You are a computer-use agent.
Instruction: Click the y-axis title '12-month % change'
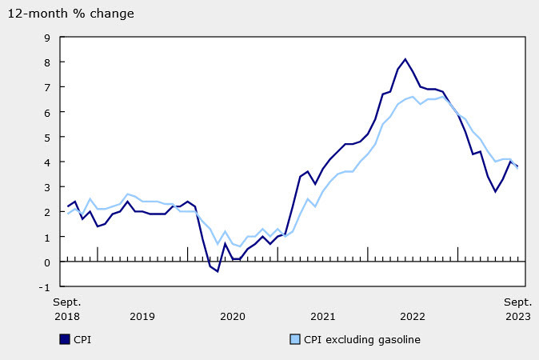[x=72, y=14]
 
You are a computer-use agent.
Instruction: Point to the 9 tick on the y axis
[x=46, y=37]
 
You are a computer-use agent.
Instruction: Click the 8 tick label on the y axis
[x=46, y=62]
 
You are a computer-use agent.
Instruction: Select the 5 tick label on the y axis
[x=46, y=137]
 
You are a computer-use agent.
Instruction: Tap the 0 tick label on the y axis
[x=46, y=262]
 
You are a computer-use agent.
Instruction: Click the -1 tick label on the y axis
[x=44, y=287]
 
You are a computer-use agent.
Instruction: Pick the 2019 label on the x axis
[x=142, y=316]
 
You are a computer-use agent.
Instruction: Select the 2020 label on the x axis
[x=232, y=316]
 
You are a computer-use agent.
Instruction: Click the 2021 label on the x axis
[x=322, y=316]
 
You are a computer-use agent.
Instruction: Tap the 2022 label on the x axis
[x=413, y=316]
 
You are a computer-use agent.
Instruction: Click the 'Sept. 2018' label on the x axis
[x=67, y=309]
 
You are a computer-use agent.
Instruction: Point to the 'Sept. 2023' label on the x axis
[x=517, y=309]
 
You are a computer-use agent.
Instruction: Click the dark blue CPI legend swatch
[x=65, y=339]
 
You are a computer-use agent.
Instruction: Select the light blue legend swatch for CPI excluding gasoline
[x=294, y=339]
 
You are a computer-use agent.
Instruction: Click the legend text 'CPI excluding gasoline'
[x=361, y=339]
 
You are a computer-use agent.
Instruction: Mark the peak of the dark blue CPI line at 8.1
[x=405, y=59]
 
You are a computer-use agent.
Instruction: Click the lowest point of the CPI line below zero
[x=217, y=271]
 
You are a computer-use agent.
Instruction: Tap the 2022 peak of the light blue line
[x=443, y=97]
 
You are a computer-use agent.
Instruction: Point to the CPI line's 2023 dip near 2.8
[x=495, y=191]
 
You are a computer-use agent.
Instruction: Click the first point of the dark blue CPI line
[x=67, y=206]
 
